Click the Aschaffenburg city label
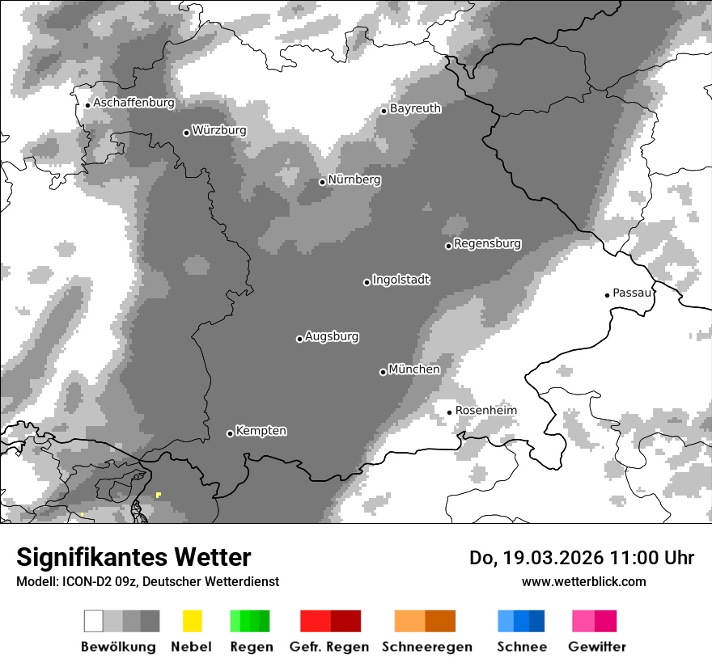133,103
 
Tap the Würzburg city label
219,130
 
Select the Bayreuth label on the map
415,108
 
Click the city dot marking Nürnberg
322,182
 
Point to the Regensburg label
487,243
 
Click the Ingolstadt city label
400,281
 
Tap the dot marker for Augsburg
299,339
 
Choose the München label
414,369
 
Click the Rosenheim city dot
449,412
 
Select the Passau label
632,293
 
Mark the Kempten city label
261,431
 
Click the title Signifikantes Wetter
133,558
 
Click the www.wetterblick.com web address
583,582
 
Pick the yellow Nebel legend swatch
192,621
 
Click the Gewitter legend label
597,647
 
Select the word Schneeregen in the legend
426,647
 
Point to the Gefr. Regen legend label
329,647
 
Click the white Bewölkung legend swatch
94,621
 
